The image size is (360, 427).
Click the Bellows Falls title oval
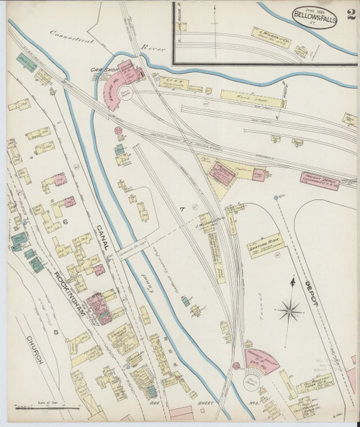[x=317, y=16]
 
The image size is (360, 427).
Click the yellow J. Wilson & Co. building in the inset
[x=272, y=34]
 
